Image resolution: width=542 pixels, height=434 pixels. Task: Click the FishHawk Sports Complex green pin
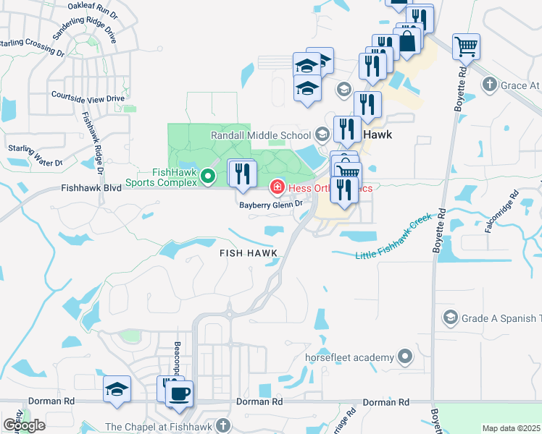[x=207, y=175]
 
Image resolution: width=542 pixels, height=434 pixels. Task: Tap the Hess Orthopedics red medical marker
[x=277, y=188]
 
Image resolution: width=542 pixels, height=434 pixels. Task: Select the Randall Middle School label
[x=261, y=135]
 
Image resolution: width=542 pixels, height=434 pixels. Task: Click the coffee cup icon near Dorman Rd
[x=179, y=394]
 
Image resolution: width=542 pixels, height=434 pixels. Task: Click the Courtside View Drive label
[x=88, y=97]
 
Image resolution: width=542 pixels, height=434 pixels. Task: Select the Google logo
[x=25, y=425]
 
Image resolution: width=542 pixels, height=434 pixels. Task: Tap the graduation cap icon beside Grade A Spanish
[x=451, y=318]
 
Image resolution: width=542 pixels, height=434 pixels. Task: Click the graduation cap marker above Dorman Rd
[x=117, y=389]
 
